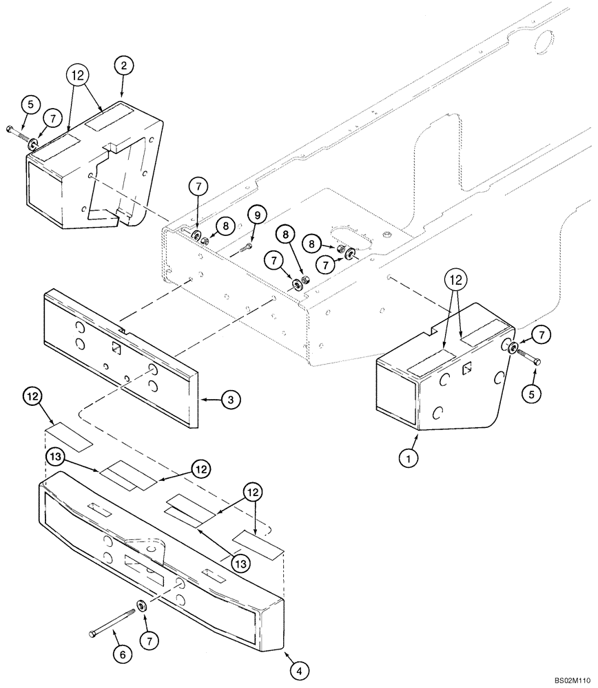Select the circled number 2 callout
pos(123,67)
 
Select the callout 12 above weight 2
pos(79,74)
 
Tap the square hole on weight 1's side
pos(466,369)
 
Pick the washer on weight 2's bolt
pos(32,143)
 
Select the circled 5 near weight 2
pos(29,105)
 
